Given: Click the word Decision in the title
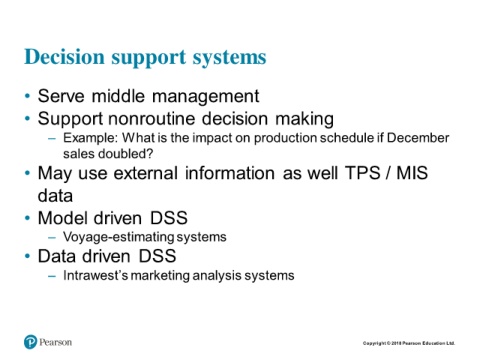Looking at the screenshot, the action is point(64,57).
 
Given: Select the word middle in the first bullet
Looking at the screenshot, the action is point(118,96).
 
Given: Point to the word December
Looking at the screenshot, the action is point(418,138).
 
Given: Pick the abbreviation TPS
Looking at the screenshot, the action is point(363,173).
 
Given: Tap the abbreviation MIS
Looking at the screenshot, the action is point(412,173).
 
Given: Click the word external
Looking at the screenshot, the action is point(145,173).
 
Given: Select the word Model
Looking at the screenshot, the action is point(62,218).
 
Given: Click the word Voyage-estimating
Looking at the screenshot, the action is point(119,237).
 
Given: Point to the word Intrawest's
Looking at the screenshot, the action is point(96,275).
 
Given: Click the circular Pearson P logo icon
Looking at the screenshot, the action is point(30,342).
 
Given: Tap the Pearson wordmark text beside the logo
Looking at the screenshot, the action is point(55,342).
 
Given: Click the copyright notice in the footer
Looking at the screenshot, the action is point(409,343).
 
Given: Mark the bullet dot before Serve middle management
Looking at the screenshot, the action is point(28,96).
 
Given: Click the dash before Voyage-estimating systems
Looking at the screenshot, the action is point(52,237).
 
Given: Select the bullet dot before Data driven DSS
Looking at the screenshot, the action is point(28,256).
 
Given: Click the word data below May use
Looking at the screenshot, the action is point(55,196).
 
